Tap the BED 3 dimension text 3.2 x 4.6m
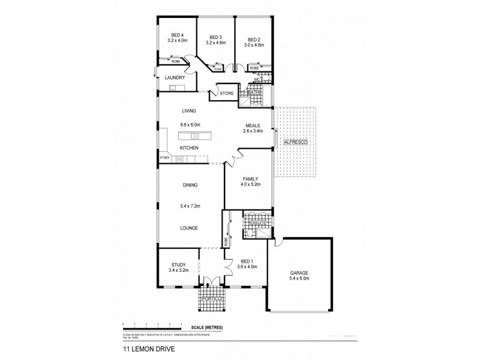coord(215,43)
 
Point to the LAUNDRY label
coord(174,77)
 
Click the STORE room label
coord(226,94)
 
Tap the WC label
coord(257,79)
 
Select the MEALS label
coord(252,125)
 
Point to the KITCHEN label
coord(189,147)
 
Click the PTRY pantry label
coord(164,158)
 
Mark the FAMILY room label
coord(250,179)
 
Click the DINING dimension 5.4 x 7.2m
coord(190,206)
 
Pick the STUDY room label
coord(178,264)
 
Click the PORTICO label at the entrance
coord(213,298)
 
